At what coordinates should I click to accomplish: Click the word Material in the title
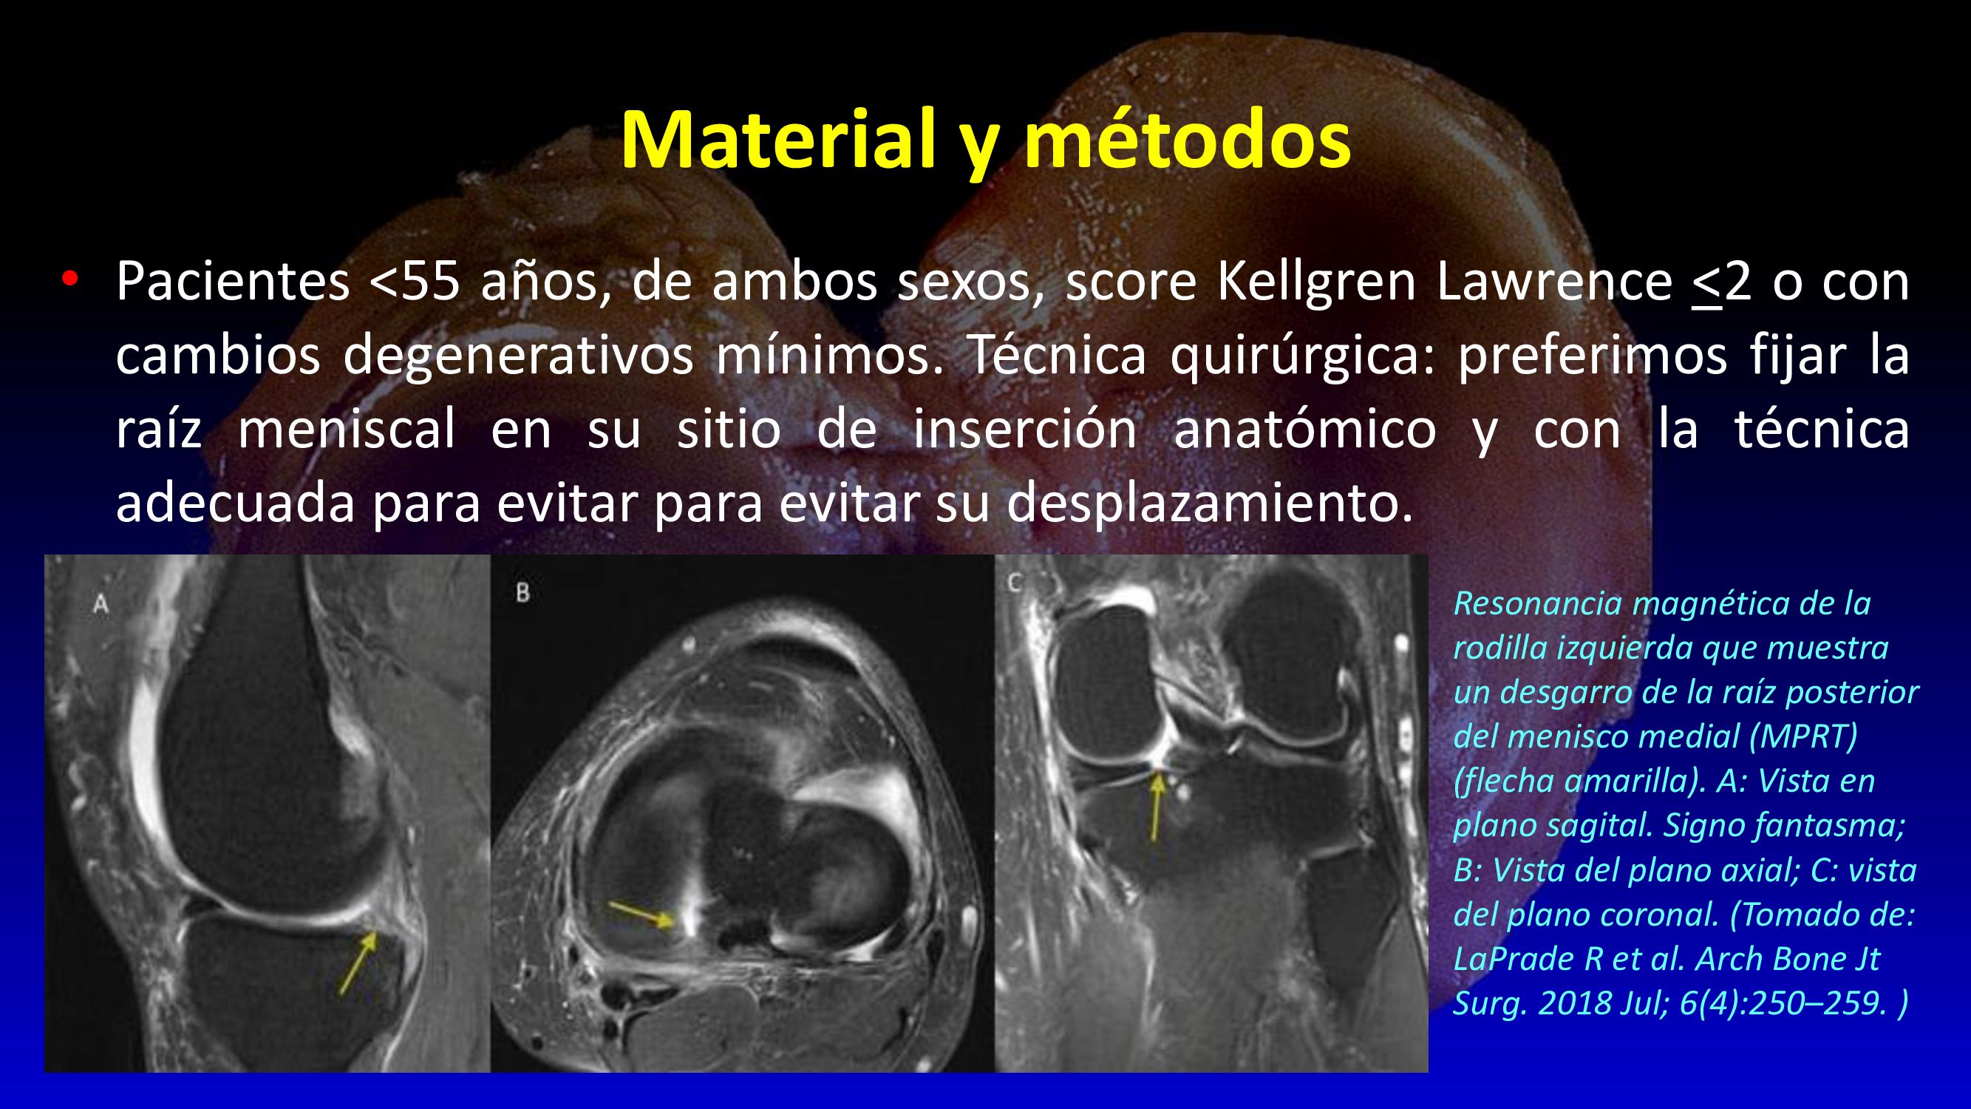779,140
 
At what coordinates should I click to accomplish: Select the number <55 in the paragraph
415,282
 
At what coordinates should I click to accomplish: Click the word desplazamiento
1209,503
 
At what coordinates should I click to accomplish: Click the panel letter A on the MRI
101,604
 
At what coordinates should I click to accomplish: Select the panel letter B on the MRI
522,591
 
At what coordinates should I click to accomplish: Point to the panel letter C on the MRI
1015,583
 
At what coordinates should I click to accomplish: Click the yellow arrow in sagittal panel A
357,963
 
